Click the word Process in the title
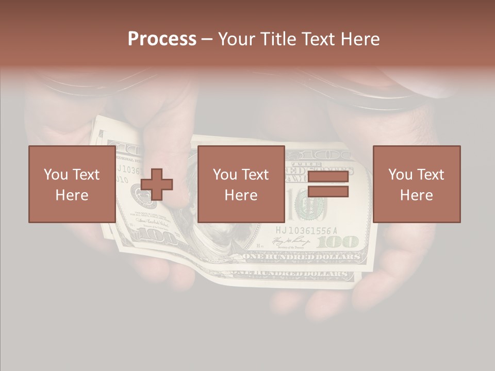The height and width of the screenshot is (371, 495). click(162, 39)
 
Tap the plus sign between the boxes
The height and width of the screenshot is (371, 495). click(157, 184)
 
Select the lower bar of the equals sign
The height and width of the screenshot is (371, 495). click(328, 192)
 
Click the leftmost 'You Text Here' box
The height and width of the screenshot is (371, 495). click(72, 184)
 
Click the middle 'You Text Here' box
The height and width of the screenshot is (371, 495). click(241, 184)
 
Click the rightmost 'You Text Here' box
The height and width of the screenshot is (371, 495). click(417, 184)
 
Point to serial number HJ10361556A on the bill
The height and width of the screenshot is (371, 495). click(306, 230)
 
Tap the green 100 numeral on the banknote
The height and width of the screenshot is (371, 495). click(341, 242)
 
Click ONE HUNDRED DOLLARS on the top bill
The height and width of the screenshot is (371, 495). click(301, 257)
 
